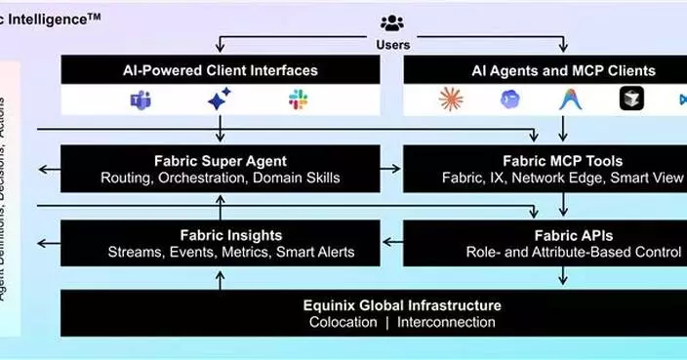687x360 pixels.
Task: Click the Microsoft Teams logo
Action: pos(140,100)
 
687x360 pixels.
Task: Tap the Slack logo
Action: pos(299,100)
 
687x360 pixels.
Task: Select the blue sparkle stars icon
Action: pos(220,99)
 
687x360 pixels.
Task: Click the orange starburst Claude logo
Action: pos(451,100)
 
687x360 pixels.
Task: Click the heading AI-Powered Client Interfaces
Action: pos(220,70)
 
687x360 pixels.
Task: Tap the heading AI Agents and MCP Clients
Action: pos(564,70)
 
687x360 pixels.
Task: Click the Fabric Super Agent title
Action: pos(220,160)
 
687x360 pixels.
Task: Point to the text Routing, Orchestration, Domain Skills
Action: pos(221,178)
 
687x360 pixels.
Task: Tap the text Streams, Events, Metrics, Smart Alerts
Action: pos(231,252)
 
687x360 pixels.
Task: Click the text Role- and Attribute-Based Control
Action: pos(573,252)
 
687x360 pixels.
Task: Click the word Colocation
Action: pos(341,323)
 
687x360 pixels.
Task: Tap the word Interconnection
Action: pos(439,323)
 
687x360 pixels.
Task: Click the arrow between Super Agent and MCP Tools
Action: pos(390,169)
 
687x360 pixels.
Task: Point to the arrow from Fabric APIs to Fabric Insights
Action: pos(390,243)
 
